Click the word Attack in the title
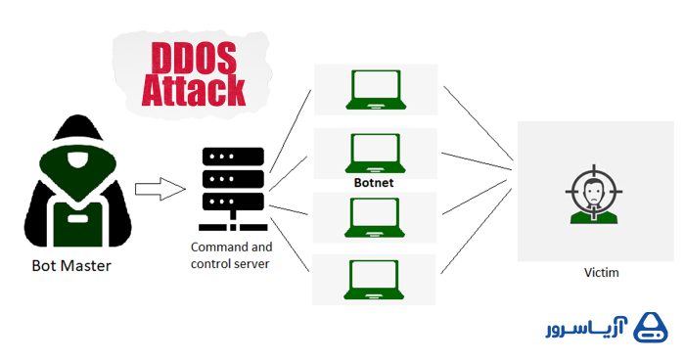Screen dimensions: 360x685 coord(193,90)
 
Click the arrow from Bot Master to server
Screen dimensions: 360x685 coord(160,186)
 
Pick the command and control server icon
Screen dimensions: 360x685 coord(232,186)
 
